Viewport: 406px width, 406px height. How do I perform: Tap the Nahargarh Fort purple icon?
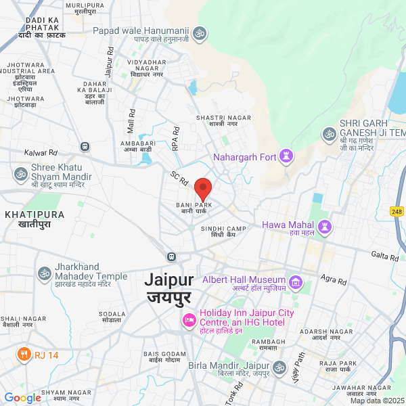point(287,157)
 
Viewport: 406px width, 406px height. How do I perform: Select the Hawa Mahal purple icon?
point(324,225)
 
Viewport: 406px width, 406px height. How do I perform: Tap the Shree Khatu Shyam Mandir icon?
point(20,173)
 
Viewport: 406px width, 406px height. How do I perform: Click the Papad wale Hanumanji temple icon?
point(200,32)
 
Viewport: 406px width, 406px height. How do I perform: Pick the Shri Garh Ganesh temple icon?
point(330,133)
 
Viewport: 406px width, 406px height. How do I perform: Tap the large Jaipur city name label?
point(169,288)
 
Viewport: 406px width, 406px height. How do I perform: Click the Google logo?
point(22,398)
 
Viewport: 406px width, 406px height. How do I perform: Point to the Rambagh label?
point(269,345)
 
